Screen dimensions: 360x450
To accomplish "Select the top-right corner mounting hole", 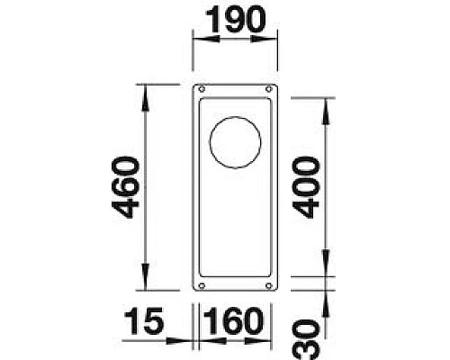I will [267, 90].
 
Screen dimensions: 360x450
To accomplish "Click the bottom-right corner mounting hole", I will [267, 285].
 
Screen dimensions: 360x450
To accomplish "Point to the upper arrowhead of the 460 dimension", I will [145, 90].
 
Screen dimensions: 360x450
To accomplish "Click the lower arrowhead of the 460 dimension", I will [145, 285].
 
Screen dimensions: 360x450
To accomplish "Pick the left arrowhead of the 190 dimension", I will [198, 39].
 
